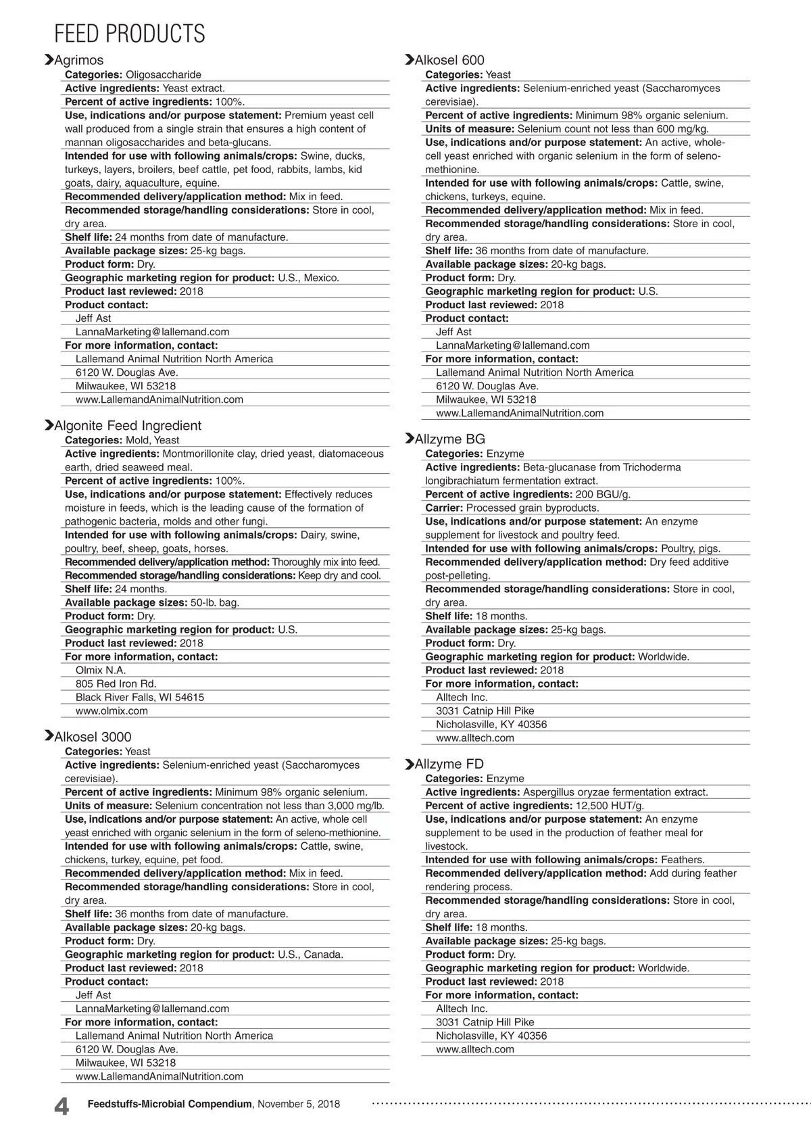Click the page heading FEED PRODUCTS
(x=129, y=33)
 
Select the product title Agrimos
(x=79, y=60)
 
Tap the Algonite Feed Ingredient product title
(x=128, y=425)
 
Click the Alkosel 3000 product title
(x=93, y=737)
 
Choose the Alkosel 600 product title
(x=449, y=60)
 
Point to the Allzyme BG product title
(x=449, y=439)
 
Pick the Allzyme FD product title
(x=449, y=764)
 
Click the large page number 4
(x=61, y=1107)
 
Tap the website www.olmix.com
(x=112, y=710)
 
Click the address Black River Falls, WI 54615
(x=140, y=697)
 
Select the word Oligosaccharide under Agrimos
(x=164, y=74)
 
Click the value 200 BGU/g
(x=603, y=494)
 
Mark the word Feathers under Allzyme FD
(x=683, y=859)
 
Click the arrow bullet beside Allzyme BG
(x=409, y=439)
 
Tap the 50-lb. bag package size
(x=215, y=602)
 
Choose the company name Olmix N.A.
(x=101, y=670)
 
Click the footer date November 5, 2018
(x=299, y=1104)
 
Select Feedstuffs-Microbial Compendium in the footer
(x=170, y=1104)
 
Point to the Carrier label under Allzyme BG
(x=444, y=508)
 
